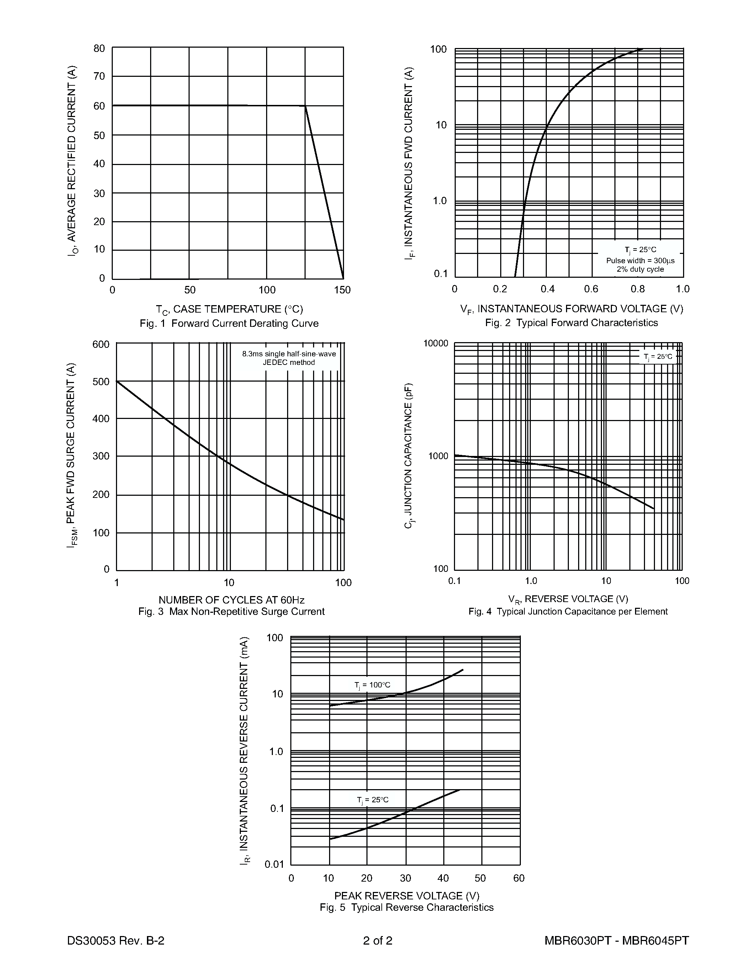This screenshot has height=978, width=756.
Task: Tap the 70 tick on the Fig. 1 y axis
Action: point(99,76)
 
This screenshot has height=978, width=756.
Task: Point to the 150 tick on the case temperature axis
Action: point(343,290)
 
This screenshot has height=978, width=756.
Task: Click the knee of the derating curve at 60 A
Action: point(305,106)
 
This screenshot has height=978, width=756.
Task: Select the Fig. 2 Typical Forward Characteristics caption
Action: point(571,323)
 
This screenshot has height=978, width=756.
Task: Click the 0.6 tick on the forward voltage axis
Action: point(591,289)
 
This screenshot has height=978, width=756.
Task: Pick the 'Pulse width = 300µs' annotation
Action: point(640,261)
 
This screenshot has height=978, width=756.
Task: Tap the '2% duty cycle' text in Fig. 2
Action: point(640,269)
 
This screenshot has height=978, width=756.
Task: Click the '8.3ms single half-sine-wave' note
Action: point(289,354)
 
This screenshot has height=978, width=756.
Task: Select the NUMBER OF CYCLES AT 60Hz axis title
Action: point(232,600)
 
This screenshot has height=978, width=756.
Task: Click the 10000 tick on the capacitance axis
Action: point(436,344)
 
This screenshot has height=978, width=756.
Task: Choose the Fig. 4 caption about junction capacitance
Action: point(568,612)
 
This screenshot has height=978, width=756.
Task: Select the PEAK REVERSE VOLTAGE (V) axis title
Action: point(407,895)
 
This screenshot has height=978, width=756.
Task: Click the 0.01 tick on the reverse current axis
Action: point(275,864)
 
